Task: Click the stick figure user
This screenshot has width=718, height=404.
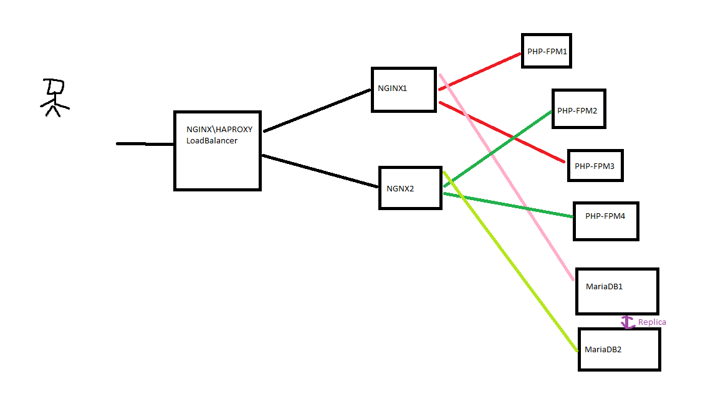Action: (x=54, y=97)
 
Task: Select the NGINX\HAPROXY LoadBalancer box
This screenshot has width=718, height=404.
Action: (x=217, y=150)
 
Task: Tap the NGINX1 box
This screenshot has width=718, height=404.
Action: (x=403, y=89)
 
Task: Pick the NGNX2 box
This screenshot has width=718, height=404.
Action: (x=410, y=188)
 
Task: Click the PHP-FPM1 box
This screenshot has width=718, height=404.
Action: (x=547, y=51)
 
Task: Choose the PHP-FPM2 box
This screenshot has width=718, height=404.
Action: (x=578, y=109)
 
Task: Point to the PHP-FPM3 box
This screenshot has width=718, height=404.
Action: (x=595, y=165)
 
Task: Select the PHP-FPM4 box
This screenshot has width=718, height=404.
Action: (x=606, y=221)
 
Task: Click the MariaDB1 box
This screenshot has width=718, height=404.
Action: (x=616, y=291)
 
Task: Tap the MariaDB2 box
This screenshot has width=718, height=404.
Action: (x=619, y=349)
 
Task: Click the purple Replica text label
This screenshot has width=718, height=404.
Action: (x=652, y=322)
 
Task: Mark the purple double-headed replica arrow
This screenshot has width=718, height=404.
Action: (x=628, y=322)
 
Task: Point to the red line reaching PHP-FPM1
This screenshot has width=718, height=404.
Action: (x=480, y=71)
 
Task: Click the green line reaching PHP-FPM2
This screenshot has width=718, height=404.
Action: (x=499, y=148)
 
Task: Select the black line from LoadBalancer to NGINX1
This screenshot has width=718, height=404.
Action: (x=318, y=110)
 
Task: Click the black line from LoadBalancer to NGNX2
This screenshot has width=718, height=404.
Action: (x=321, y=171)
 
